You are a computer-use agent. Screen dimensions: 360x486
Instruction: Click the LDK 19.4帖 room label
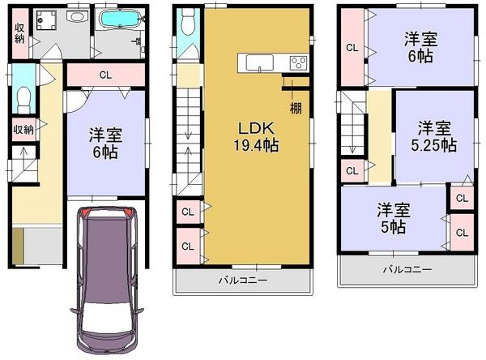coord(258,138)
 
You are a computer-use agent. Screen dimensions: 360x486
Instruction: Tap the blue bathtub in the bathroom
coord(118,19)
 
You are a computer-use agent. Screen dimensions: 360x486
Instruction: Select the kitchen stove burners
coord(297,62)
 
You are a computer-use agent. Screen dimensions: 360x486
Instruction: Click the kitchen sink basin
coord(258,62)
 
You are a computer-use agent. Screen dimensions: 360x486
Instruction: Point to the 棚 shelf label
coord(296,108)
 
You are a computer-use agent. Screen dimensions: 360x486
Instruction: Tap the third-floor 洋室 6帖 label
coord(421,48)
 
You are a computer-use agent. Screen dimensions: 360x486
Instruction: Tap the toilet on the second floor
coord(189,24)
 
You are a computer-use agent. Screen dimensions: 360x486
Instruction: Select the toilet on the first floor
coord(22,99)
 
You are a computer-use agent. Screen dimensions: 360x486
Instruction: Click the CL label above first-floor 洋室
coord(105,76)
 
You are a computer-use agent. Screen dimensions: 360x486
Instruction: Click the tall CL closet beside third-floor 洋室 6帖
coord(352,48)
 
